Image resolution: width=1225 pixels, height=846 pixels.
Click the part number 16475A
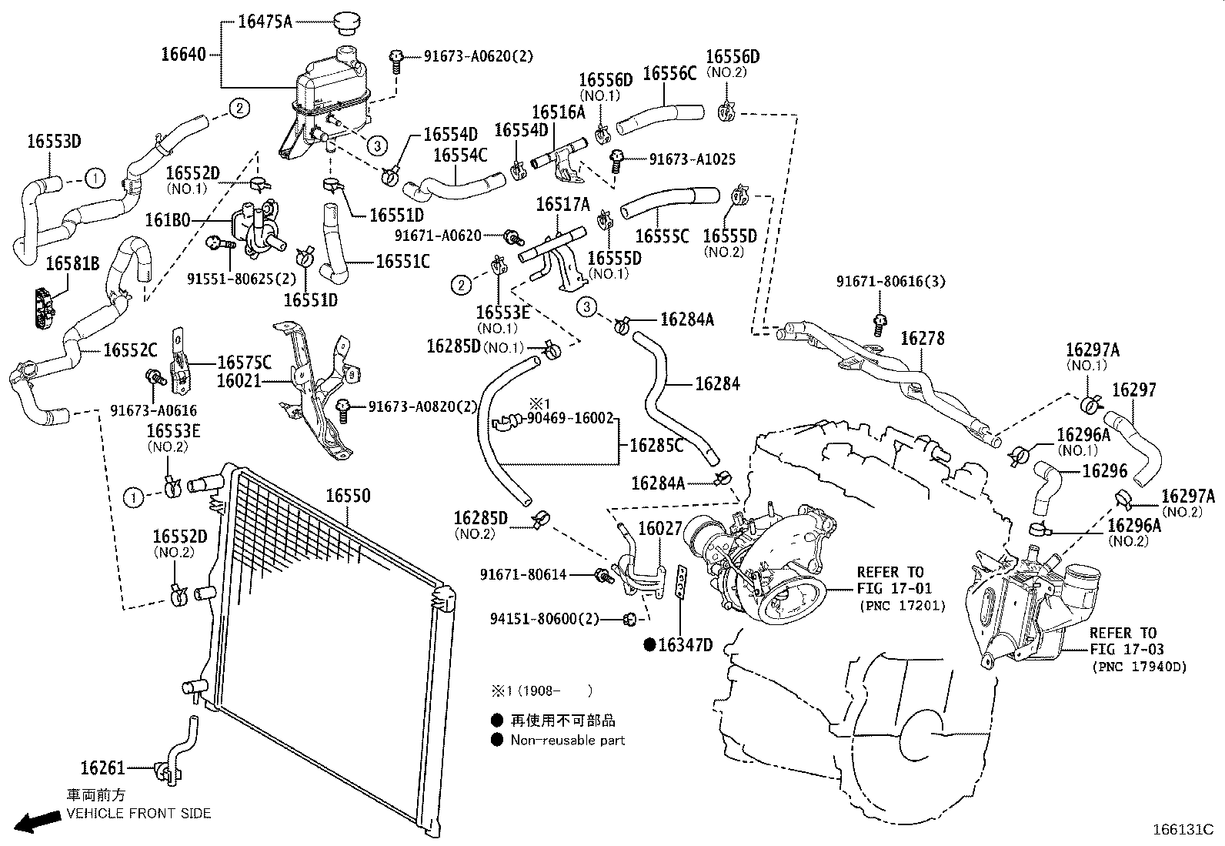click(x=265, y=22)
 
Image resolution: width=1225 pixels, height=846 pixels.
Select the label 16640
click(x=183, y=54)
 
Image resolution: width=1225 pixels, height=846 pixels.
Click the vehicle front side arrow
click(x=38, y=821)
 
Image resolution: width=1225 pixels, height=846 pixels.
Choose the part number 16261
click(x=102, y=767)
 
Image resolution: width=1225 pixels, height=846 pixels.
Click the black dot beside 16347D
click(x=649, y=645)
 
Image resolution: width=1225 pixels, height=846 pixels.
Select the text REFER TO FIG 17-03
click(x=1123, y=641)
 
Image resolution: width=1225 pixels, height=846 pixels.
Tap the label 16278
click(x=922, y=339)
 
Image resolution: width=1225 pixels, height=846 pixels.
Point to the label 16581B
click(x=72, y=264)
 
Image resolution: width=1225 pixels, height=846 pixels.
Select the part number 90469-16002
click(x=570, y=419)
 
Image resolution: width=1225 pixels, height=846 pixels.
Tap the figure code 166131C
click(x=1181, y=830)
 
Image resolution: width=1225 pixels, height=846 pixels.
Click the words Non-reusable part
click(x=568, y=741)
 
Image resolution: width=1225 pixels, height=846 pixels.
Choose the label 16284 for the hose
click(x=717, y=383)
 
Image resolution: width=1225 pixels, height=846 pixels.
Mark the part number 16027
click(x=660, y=530)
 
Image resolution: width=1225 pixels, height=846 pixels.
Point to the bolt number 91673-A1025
click(x=693, y=159)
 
